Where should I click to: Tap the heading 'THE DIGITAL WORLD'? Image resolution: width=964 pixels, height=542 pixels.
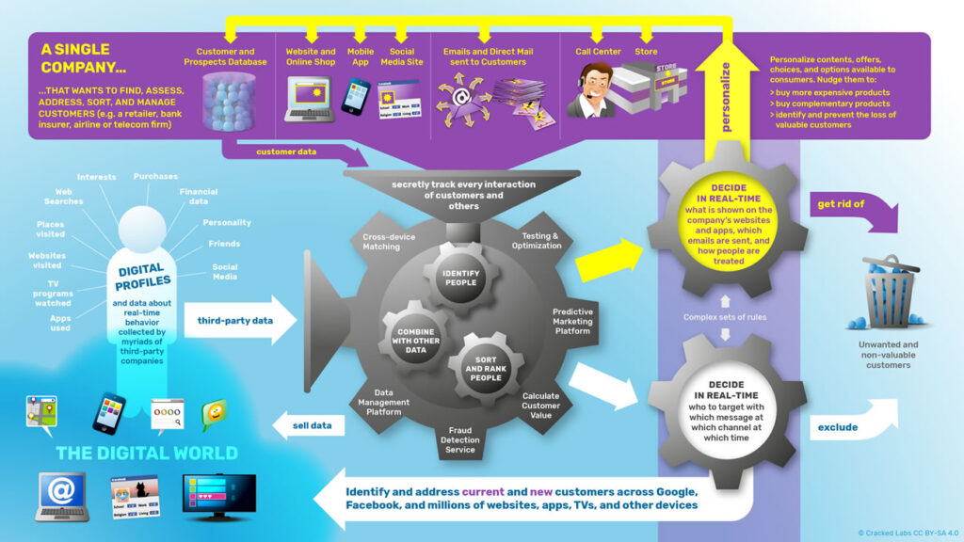pos(146,453)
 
